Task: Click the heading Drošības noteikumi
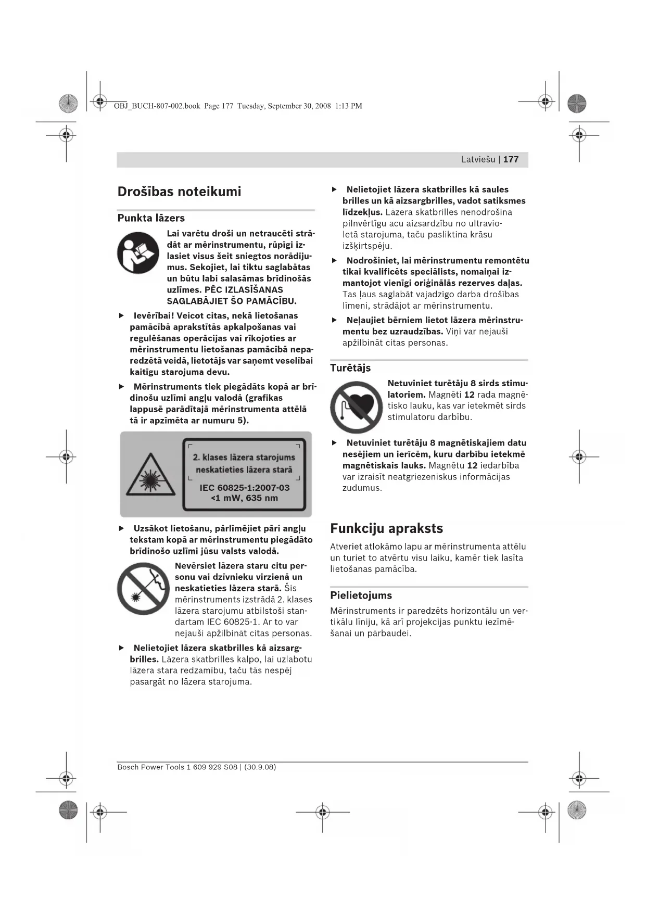coord(179,192)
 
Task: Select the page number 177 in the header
coord(511,159)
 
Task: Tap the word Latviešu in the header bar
coord(478,159)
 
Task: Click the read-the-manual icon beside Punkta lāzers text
coord(138,253)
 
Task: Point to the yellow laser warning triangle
coord(150,475)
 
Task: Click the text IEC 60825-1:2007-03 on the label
coord(244,488)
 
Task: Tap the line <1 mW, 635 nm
coord(244,498)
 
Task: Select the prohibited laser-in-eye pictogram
coord(143,589)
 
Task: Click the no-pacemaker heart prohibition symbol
coord(356,407)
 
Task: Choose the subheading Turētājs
coord(350,368)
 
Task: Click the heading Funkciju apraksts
coord(386,528)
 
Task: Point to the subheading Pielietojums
coord(361,595)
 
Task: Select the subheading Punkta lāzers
coord(151,218)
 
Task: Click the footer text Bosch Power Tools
coord(150,767)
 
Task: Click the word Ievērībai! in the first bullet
coord(154,315)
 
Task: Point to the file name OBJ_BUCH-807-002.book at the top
coord(157,106)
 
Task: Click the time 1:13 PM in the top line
coord(348,106)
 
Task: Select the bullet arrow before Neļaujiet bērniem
coord(334,320)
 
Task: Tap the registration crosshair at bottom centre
coord(323,811)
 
